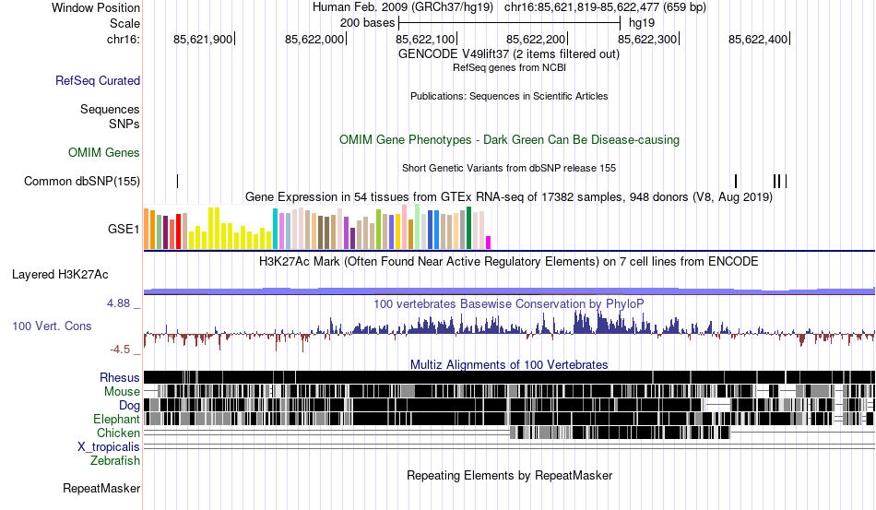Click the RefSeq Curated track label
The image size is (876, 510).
[98, 81]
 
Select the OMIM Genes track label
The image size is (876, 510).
[104, 152]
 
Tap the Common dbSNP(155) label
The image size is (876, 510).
[82, 181]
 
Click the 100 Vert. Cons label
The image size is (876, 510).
[52, 326]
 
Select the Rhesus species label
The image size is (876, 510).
[120, 377]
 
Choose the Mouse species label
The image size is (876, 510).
[123, 391]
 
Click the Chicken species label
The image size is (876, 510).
[118, 433]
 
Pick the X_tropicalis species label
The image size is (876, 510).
[109, 446]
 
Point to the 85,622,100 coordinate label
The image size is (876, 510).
[425, 39]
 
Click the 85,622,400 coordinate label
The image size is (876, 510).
[758, 39]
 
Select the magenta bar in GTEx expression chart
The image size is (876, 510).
[489, 242]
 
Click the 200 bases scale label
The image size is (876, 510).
[361, 21]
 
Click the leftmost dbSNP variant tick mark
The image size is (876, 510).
[177, 181]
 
